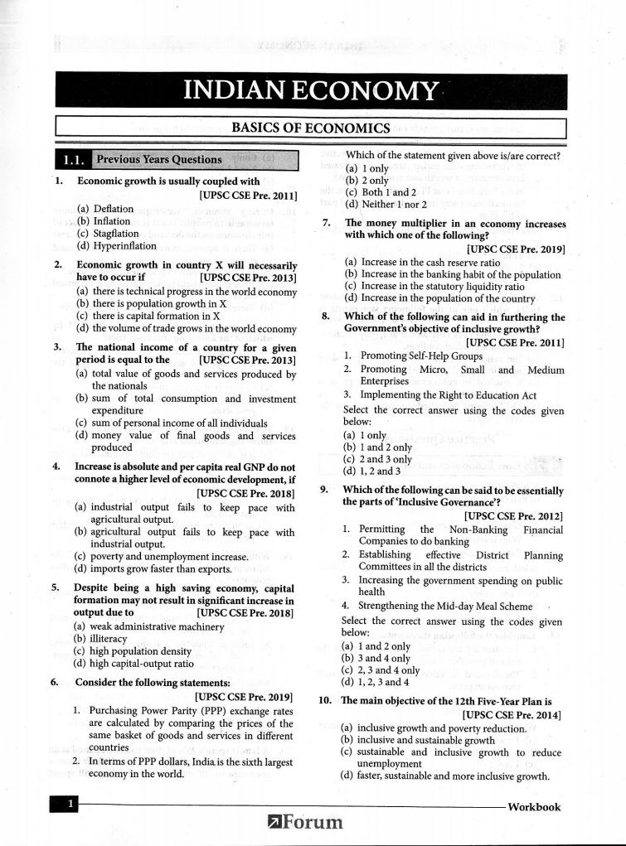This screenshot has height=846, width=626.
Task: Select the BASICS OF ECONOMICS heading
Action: pos(310,128)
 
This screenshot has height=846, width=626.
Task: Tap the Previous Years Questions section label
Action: pos(158,159)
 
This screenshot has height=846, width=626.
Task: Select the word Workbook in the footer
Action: pos(533,807)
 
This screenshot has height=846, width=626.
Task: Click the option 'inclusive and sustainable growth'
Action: pos(418,740)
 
